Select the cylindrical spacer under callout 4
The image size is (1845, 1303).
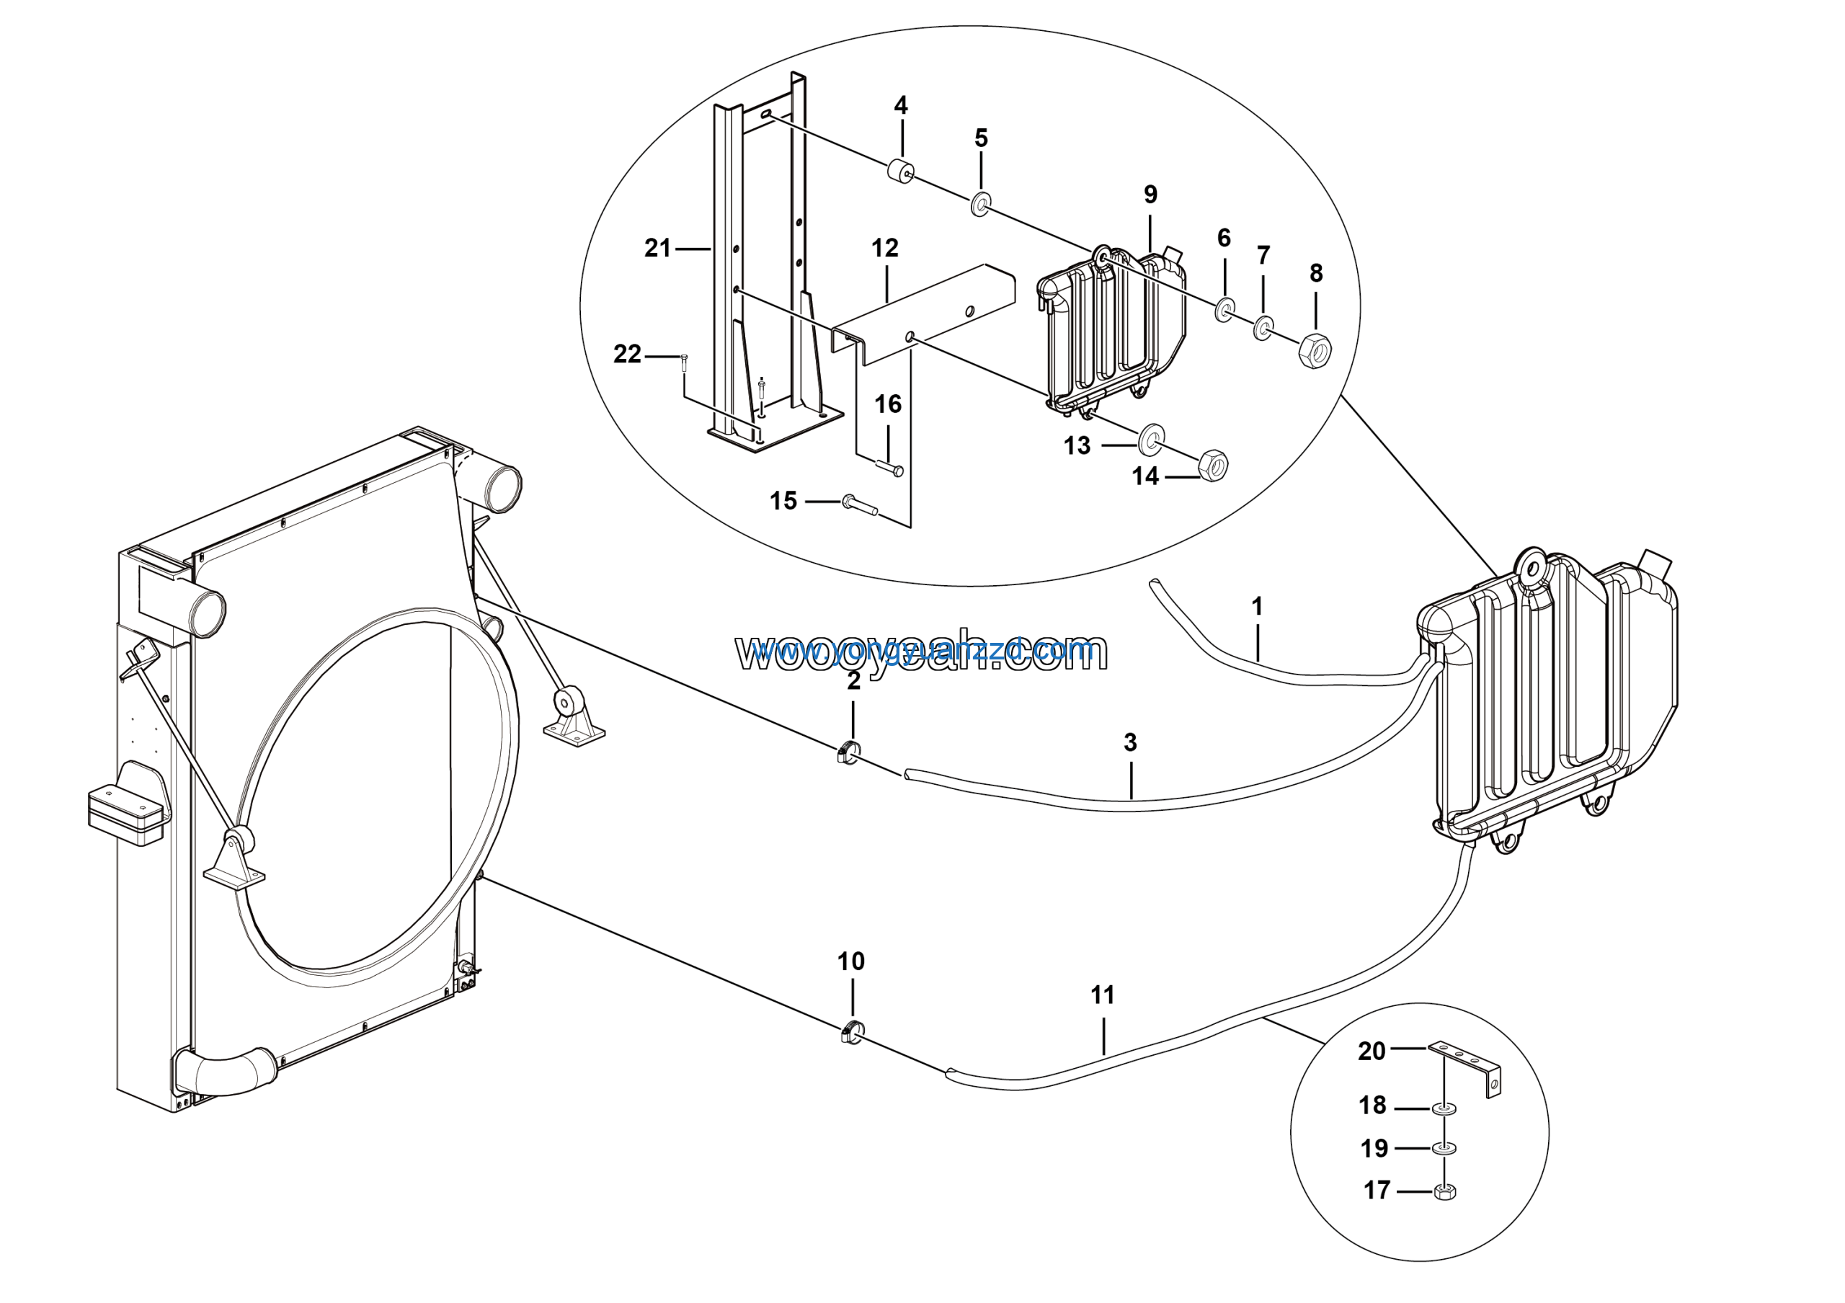click(x=900, y=171)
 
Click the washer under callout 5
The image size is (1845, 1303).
click(x=980, y=204)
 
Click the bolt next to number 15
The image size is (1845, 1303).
click(x=858, y=504)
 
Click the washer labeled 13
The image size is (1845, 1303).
click(x=1152, y=437)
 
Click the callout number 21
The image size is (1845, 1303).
click(x=657, y=248)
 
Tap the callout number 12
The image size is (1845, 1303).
click(x=885, y=248)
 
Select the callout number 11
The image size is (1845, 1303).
click(x=1103, y=995)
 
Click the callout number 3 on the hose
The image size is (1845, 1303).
click(x=1130, y=742)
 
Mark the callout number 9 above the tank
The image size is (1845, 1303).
click(x=1151, y=195)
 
